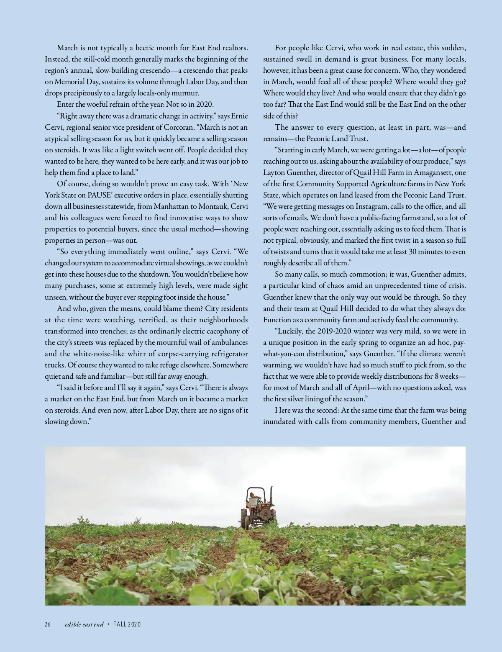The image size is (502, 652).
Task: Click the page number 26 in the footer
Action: (48, 624)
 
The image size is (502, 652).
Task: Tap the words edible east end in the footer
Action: (84, 624)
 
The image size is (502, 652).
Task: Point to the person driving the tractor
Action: (253, 499)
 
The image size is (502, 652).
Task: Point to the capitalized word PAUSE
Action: (100, 195)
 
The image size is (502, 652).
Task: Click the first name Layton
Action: (273, 172)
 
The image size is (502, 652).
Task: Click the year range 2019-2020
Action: (334, 331)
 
